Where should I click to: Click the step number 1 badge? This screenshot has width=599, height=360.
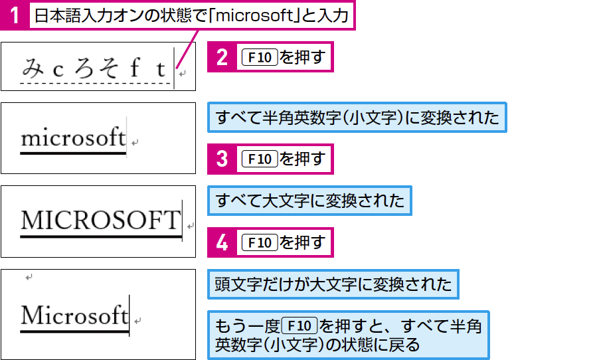coord(15,15)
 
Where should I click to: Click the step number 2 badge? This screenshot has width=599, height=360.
coord(222,57)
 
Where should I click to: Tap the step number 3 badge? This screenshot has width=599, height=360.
coord(222,159)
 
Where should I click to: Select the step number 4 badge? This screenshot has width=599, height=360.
coord(222,242)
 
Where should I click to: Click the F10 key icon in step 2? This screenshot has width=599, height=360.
coord(260,57)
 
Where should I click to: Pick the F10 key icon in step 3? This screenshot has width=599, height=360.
coord(260,159)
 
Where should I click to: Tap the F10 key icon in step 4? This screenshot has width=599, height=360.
coord(260,242)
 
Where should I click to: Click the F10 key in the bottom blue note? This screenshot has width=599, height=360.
coord(299,325)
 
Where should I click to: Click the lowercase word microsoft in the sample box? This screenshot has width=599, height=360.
coord(73,137)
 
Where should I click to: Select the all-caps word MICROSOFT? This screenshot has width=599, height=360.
coord(101,220)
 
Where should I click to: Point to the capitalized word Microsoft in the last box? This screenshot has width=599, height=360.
coord(74,315)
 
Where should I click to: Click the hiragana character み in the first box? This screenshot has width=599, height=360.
coord(33,67)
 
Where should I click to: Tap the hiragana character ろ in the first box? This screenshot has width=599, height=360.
coord(84,68)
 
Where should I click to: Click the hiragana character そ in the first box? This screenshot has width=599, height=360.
coord(109,68)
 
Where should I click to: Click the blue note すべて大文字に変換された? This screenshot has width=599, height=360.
coord(310,201)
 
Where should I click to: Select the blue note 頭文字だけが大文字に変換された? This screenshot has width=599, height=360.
coord(333,284)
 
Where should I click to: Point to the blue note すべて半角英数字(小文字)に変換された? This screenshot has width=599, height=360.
coord(357,118)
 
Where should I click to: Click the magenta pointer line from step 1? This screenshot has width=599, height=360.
coord(187,49)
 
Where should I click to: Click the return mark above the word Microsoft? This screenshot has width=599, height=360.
coord(29,277)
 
